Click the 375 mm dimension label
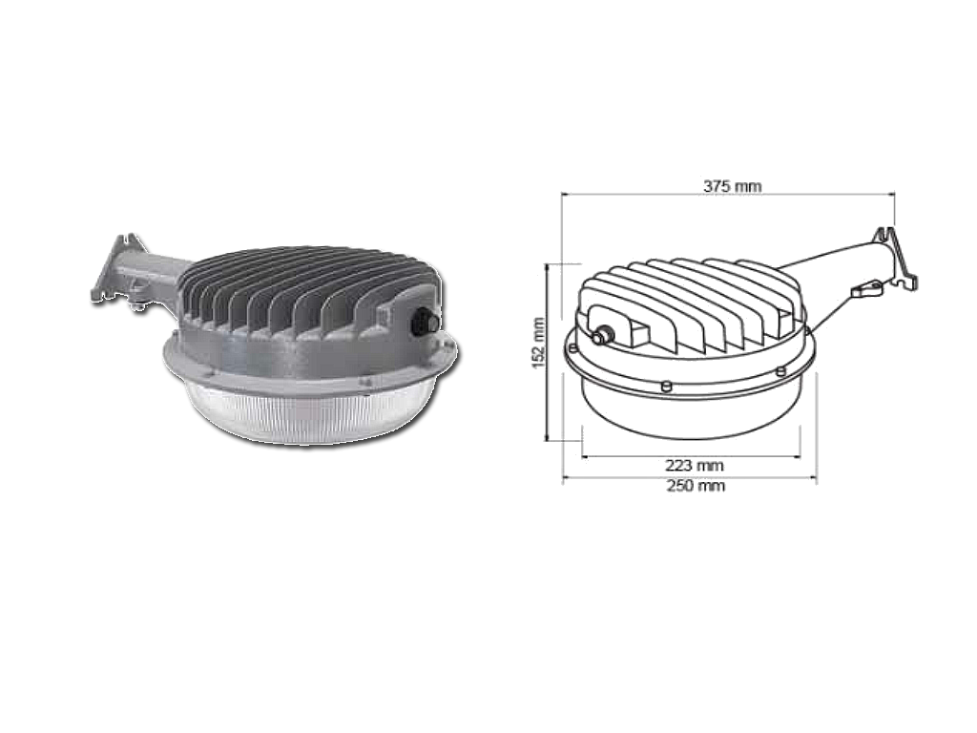click(x=732, y=186)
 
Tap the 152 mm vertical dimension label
click(x=538, y=343)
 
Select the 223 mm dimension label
click(x=695, y=466)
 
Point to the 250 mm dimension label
click(x=696, y=485)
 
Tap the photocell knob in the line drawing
click(x=603, y=336)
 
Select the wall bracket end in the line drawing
click(x=896, y=258)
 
